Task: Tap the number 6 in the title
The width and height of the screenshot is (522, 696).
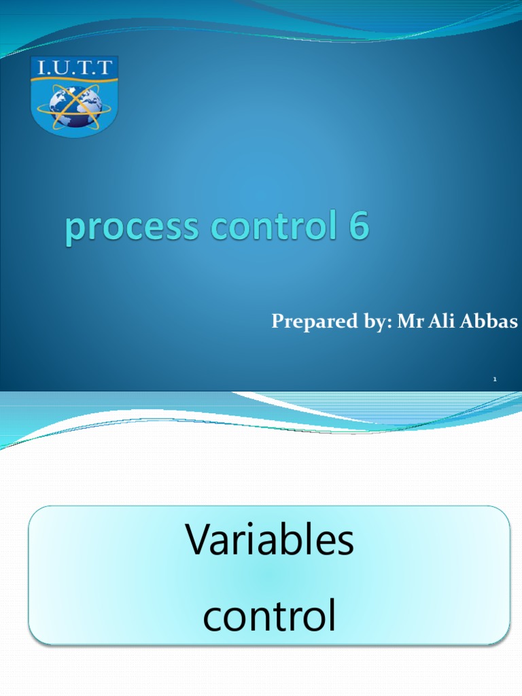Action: click(359, 227)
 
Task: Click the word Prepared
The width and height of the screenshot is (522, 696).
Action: click(308, 321)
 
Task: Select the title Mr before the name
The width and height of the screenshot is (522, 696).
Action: click(407, 321)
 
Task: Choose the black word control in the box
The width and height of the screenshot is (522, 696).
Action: click(270, 616)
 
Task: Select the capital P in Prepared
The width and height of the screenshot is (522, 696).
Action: click(277, 321)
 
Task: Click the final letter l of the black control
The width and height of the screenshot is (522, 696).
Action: click(332, 614)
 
